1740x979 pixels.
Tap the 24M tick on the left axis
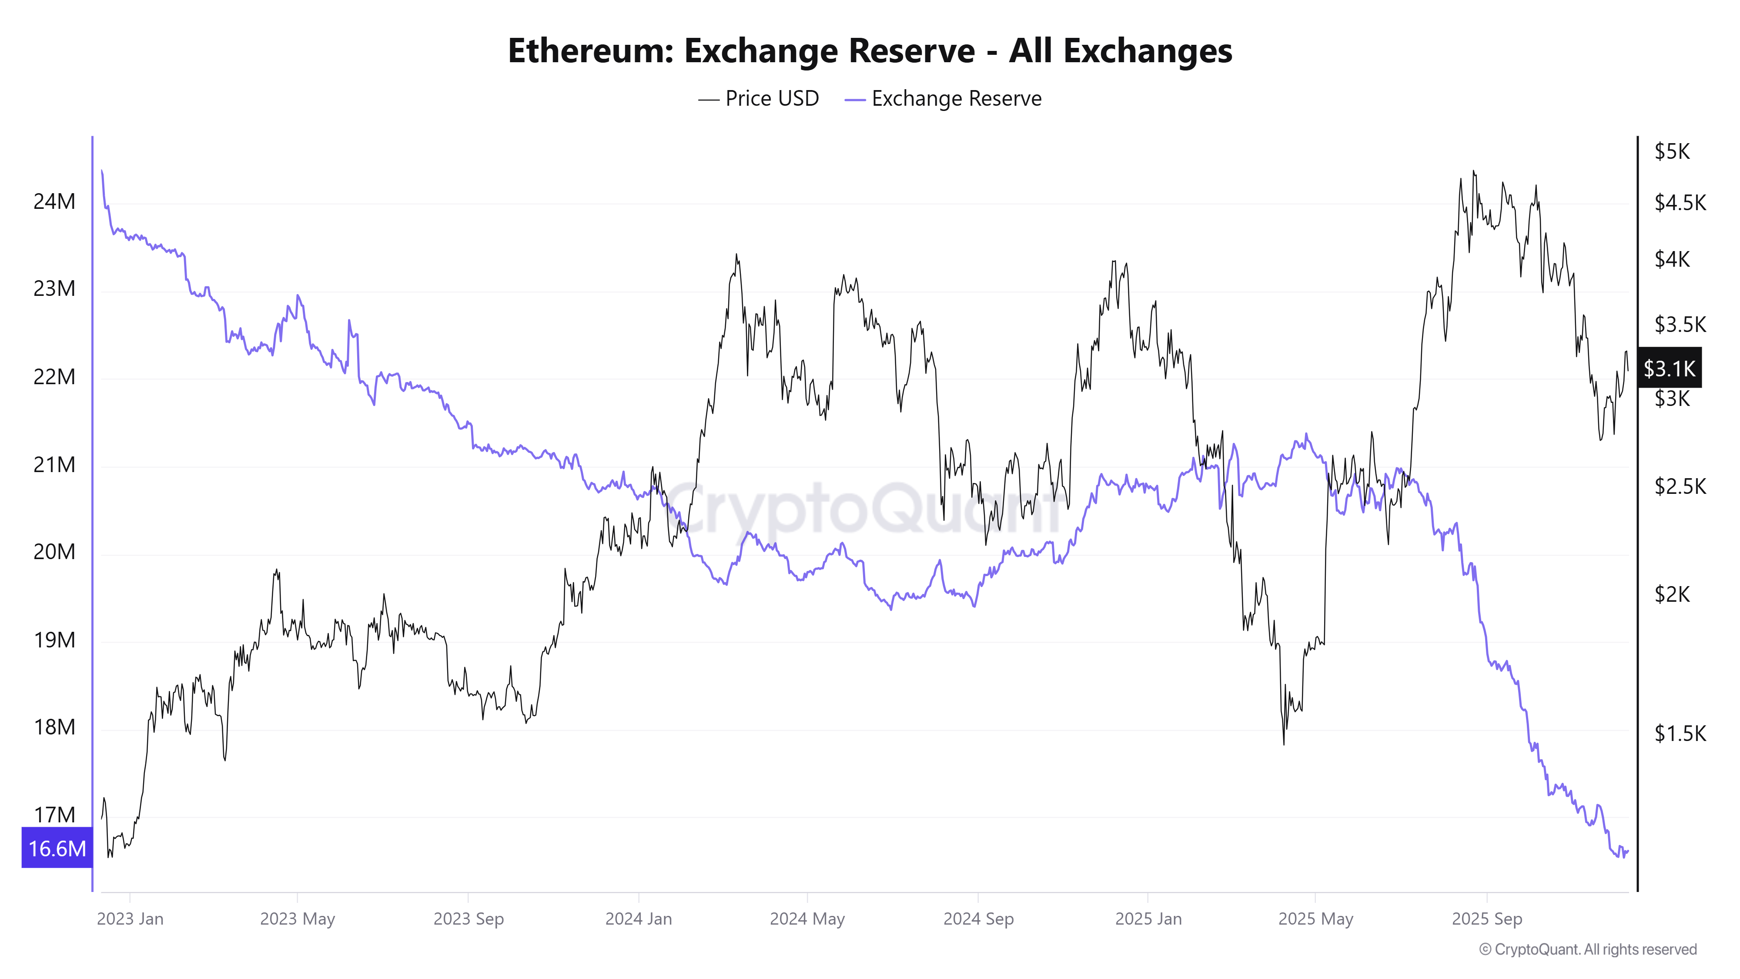(x=54, y=201)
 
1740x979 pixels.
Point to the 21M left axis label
(x=54, y=465)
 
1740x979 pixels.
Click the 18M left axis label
(x=54, y=727)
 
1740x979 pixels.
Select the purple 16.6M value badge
(x=57, y=848)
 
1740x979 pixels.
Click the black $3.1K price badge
(x=1668, y=368)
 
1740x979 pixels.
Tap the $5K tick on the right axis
(x=1672, y=151)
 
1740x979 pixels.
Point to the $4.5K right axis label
(x=1679, y=202)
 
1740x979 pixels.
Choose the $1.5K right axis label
(x=1679, y=733)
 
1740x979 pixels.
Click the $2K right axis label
(x=1672, y=594)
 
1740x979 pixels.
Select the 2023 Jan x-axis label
(x=130, y=919)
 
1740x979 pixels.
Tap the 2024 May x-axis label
(x=807, y=919)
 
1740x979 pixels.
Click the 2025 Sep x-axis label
(x=1487, y=919)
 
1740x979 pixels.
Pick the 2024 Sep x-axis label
(x=978, y=919)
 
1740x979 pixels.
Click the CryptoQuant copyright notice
(x=1587, y=949)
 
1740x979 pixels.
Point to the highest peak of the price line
(x=1473, y=171)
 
